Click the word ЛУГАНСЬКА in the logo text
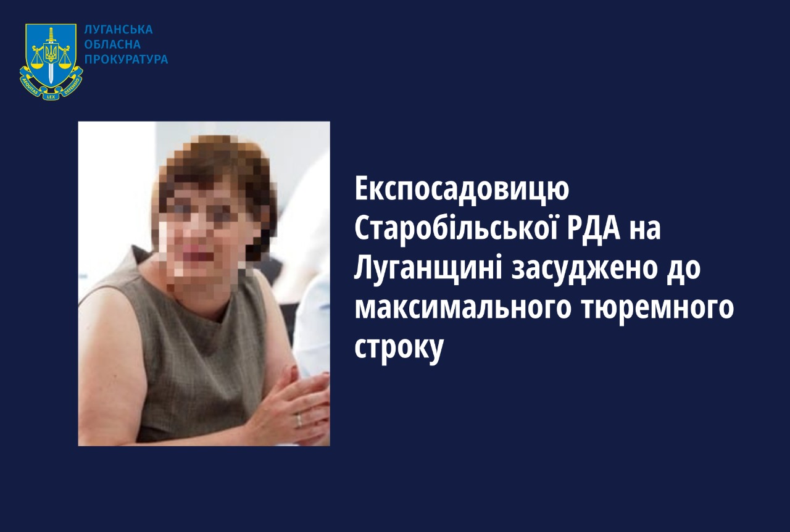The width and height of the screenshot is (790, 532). [118, 30]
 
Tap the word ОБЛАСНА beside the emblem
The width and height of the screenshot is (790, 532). [112, 44]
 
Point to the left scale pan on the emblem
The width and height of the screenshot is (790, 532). [36, 65]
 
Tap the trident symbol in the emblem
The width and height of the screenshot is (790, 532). [51, 54]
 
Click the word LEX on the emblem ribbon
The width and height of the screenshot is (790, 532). [51, 96]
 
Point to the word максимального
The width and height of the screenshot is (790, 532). [462, 309]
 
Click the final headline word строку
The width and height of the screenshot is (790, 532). [399, 350]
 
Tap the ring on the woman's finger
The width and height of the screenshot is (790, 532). [299, 420]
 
